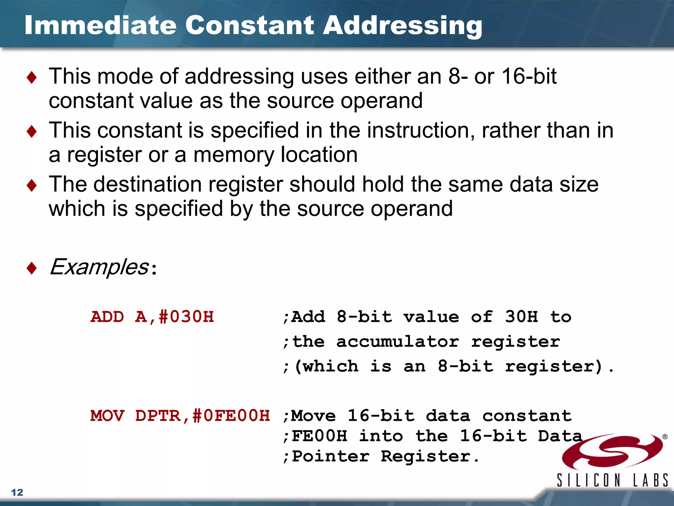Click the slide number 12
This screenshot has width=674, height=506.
[x=17, y=492]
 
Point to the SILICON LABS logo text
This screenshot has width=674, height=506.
[x=612, y=480]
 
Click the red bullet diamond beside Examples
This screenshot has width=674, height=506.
[x=32, y=268]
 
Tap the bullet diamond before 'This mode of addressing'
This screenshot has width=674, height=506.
[x=32, y=78]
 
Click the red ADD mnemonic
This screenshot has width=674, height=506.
[x=107, y=317]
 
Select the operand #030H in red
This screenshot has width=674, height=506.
[x=186, y=317]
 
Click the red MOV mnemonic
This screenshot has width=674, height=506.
[x=107, y=416]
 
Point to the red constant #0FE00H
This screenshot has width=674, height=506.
[x=231, y=416]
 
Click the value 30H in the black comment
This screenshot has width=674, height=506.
[x=521, y=317]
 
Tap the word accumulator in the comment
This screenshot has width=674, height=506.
[x=398, y=342]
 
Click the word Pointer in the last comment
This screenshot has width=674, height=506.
[x=330, y=457]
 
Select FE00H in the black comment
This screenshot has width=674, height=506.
[x=319, y=436]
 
